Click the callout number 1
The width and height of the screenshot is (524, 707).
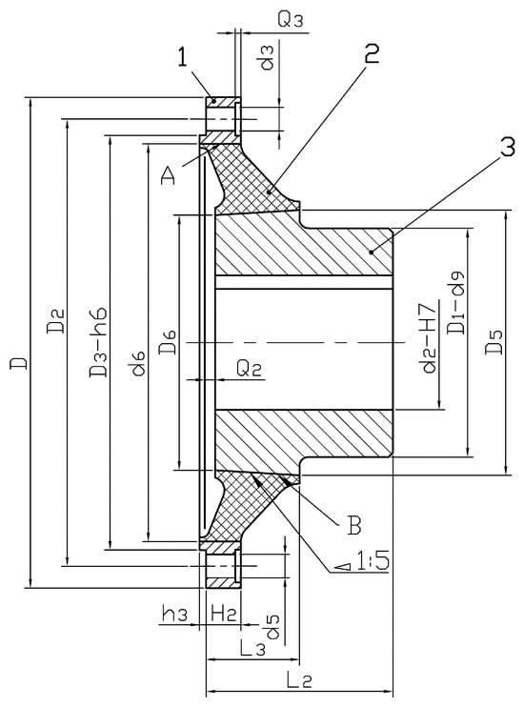click(182, 58)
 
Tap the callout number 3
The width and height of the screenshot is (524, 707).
click(507, 147)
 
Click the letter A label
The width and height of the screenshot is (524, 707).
click(168, 175)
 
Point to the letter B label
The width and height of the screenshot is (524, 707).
click(354, 525)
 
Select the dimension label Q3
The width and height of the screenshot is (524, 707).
click(291, 20)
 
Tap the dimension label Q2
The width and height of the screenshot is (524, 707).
click(250, 369)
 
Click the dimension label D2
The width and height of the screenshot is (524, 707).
click(55, 320)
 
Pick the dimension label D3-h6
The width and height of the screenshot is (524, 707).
click(97, 343)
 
